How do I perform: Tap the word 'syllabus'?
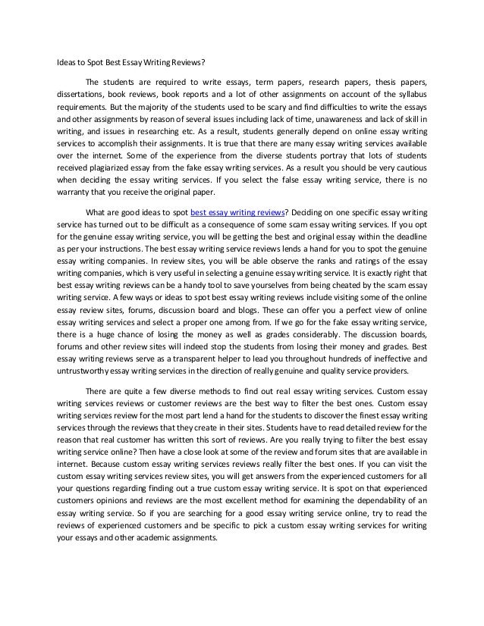tap(409, 95)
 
